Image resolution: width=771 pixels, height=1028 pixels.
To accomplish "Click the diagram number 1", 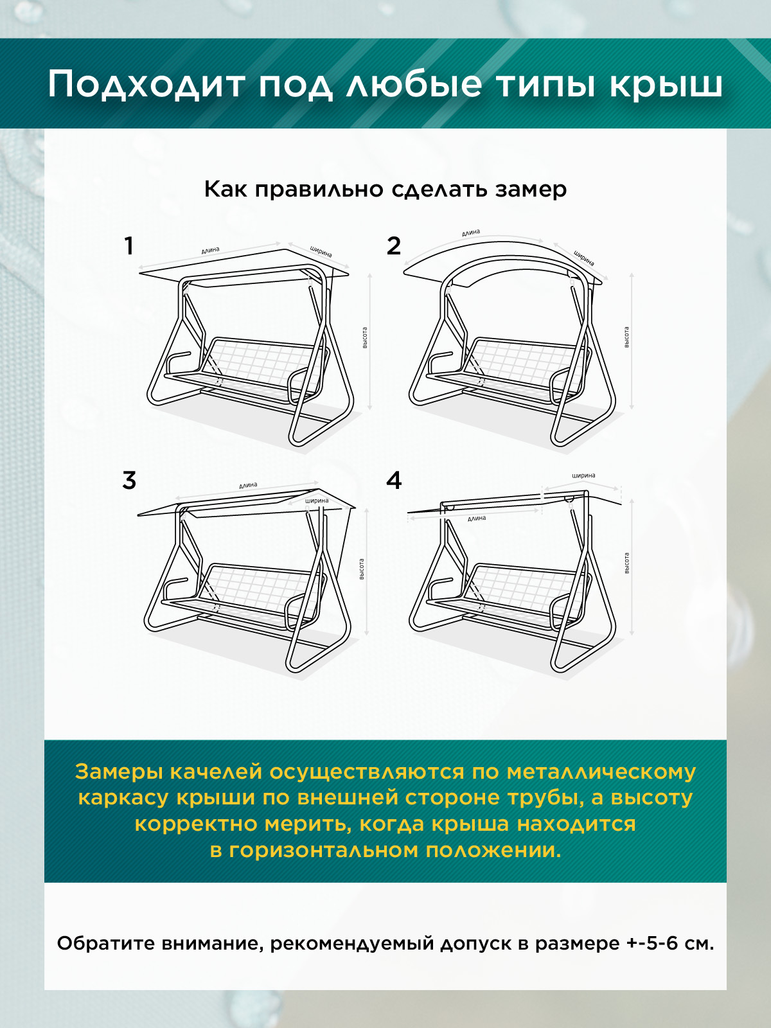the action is tap(129, 246).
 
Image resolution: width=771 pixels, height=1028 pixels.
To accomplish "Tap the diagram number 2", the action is tap(394, 246).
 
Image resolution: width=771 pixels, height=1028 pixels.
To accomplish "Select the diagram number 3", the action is tap(129, 481).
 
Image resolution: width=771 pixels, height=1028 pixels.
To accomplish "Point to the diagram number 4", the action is tap(394, 481).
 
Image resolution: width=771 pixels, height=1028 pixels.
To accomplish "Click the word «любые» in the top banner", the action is tap(414, 85).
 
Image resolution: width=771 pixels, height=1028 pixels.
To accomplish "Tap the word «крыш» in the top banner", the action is tap(666, 85).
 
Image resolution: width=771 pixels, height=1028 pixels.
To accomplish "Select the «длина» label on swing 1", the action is tap(210, 250).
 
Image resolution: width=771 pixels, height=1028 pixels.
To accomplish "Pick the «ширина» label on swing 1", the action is tap(321, 251).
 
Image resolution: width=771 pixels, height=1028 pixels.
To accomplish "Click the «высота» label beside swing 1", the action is tap(365, 337).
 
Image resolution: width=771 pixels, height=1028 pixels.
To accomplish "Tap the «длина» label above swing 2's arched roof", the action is tap(471, 233).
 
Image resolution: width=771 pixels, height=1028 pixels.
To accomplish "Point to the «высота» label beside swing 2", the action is tap(626, 337).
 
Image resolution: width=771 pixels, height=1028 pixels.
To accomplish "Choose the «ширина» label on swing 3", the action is tap(317, 501).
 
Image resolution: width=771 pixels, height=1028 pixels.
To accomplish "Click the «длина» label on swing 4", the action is tap(477, 518).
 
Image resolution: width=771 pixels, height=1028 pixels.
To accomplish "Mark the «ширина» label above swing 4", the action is tap(583, 475).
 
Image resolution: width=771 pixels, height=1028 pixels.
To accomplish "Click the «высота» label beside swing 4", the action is tap(626, 563).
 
